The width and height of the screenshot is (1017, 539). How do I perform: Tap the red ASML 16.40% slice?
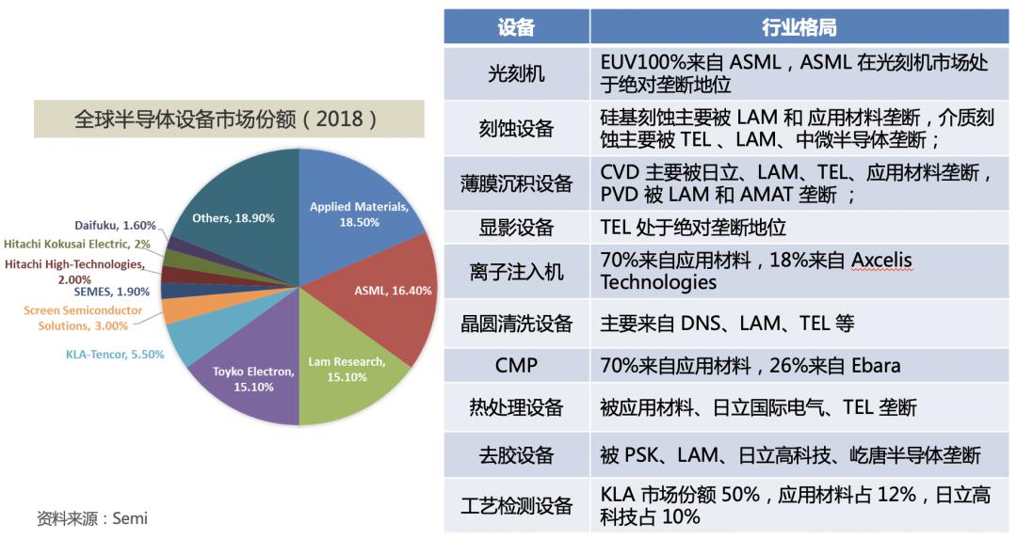pyautogui.click(x=391, y=301)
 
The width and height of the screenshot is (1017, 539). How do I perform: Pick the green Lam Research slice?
pyautogui.click(x=344, y=372)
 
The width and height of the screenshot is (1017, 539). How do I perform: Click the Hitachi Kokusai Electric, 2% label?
pyautogui.click(x=79, y=244)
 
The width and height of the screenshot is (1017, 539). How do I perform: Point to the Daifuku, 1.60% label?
pyautogui.click(x=115, y=226)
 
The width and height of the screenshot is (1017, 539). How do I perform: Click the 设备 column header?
pyautogui.click(x=516, y=27)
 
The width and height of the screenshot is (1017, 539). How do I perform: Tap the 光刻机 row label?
pyautogui.click(x=516, y=73)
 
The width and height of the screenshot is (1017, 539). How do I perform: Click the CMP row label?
pyautogui.click(x=516, y=365)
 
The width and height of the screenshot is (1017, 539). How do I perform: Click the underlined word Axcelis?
pyautogui.click(x=881, y=260)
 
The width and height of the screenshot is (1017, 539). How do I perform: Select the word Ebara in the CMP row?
pyautogui.click(x=876, y=365)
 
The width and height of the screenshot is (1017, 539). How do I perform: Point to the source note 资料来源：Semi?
pyautogui.click(x=91, y=518)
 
